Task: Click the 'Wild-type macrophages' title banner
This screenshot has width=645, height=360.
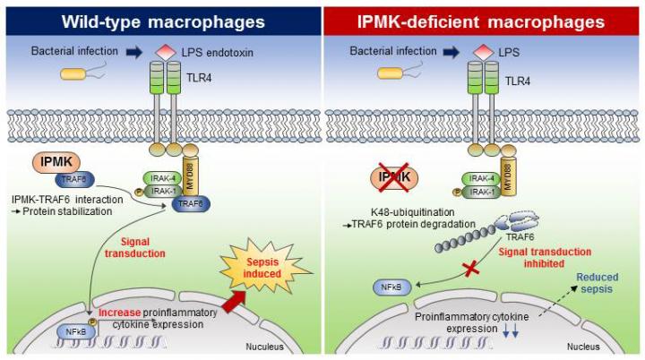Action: click(160, 19)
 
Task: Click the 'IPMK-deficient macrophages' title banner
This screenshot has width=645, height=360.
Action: click(484, 19)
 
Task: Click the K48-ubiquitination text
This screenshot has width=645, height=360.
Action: click(408, 214)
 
